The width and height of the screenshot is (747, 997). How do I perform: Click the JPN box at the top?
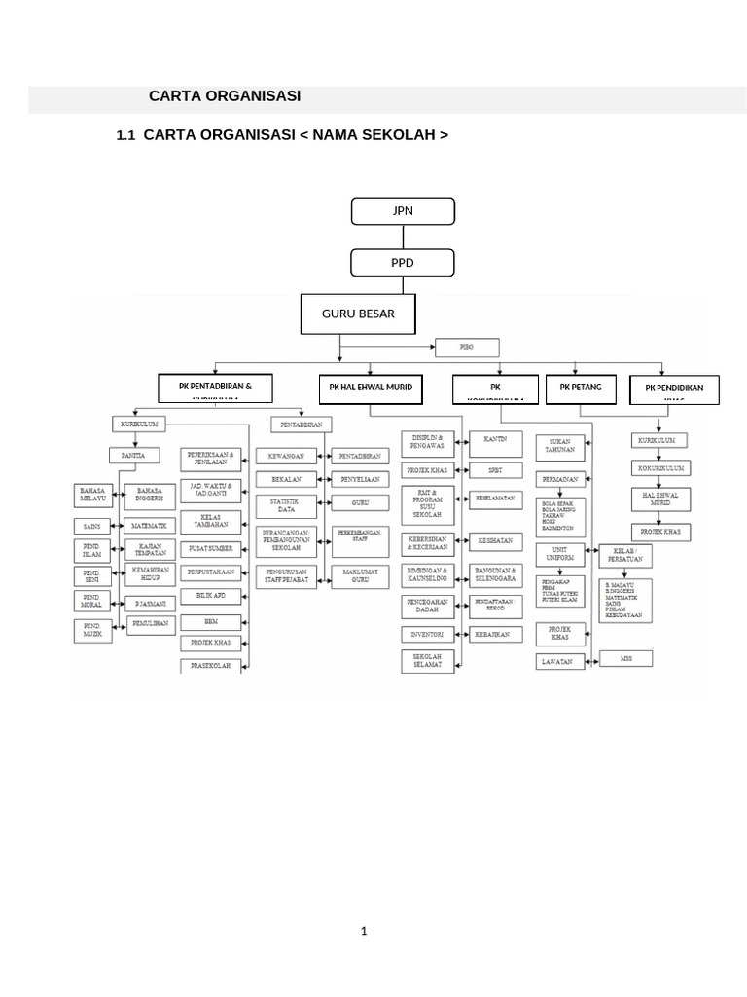click(403, 210)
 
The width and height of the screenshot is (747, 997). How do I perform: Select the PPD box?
click(403, 263)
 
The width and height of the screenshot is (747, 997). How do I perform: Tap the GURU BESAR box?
click(358, 314)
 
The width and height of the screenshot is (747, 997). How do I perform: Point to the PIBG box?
click(466, 347)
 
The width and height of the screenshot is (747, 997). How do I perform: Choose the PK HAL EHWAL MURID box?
click(370, 388)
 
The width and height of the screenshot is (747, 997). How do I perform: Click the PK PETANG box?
click(581, 388)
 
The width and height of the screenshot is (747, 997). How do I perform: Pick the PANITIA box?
click(134, 455)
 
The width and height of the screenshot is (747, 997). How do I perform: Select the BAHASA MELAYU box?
click(93, 495)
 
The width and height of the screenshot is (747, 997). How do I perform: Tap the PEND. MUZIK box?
click(91, 630)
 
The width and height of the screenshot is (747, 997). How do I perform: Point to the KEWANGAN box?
click(286, 455)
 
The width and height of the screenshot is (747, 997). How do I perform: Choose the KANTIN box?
click(497, 439)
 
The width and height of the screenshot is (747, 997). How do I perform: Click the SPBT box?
click(496, 469)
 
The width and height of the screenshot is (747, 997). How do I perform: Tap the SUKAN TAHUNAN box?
click(560, 447)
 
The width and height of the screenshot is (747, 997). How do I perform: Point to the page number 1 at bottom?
click(364, 932)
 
